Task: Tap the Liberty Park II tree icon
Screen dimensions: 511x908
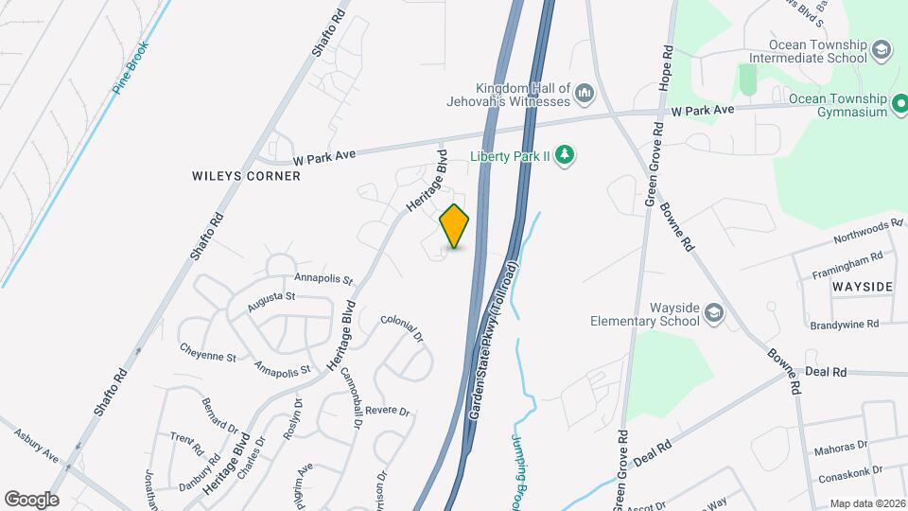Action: (x=565, y=154)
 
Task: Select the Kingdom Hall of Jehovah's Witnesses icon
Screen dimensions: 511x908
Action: (x=585, y=94)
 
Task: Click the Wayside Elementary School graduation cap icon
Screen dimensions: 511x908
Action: (x=714, y=313)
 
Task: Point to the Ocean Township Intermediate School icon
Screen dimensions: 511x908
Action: (x=881, y=50)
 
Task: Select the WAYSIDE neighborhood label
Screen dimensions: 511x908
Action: (x=864, y=285)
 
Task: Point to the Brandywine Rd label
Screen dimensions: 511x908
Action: (x=844, y=324)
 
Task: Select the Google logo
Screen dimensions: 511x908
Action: (x=31, y=499)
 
